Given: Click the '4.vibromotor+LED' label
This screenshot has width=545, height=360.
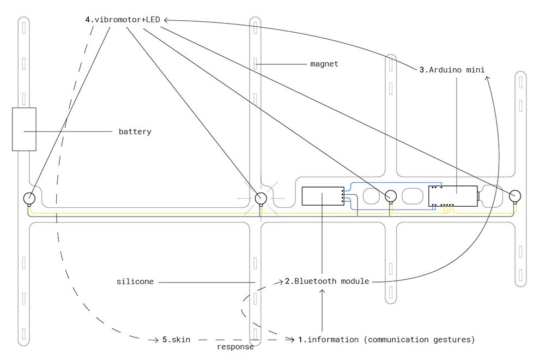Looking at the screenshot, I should pyautogui.click(x=123, y=20).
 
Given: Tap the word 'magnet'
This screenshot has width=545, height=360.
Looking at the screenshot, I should pyautogui.click(x=324, y=64).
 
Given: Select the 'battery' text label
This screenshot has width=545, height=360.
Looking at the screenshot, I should pyautogui.click(x=135, y=131).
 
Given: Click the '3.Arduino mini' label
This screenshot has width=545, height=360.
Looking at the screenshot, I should pyautogui.click(x=452, y=69).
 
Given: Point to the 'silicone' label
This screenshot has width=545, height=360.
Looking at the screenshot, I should pyautogui.click(x=135, y=282).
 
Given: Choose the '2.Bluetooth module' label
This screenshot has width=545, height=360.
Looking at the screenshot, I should pyautogui.click(x=326, y=281).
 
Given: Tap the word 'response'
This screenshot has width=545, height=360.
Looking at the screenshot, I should pyautogui.click(x=235, y=347).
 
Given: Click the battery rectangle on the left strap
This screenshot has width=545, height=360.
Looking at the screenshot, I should pyautogui.click(x=24, y=129).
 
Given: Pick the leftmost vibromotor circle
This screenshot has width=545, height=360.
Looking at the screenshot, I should pyautogui.click(x=29, y=198).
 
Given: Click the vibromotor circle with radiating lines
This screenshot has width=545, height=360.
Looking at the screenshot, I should pyautogui.click(x=261, y=197).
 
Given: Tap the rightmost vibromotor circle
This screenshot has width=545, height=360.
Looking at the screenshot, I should pyautogui.click(x=514, y=195).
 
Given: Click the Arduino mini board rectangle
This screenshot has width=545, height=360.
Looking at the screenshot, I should pyautogui.click(x=453, y=196).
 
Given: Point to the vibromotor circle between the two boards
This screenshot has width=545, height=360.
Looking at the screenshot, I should pyautogui.click(x=390, y=196).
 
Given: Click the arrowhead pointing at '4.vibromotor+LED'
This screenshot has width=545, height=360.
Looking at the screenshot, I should pyautogui.click(x=166, y=20).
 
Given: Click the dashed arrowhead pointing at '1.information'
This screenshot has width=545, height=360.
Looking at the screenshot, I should pyautogui.click(x=292, y=340).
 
